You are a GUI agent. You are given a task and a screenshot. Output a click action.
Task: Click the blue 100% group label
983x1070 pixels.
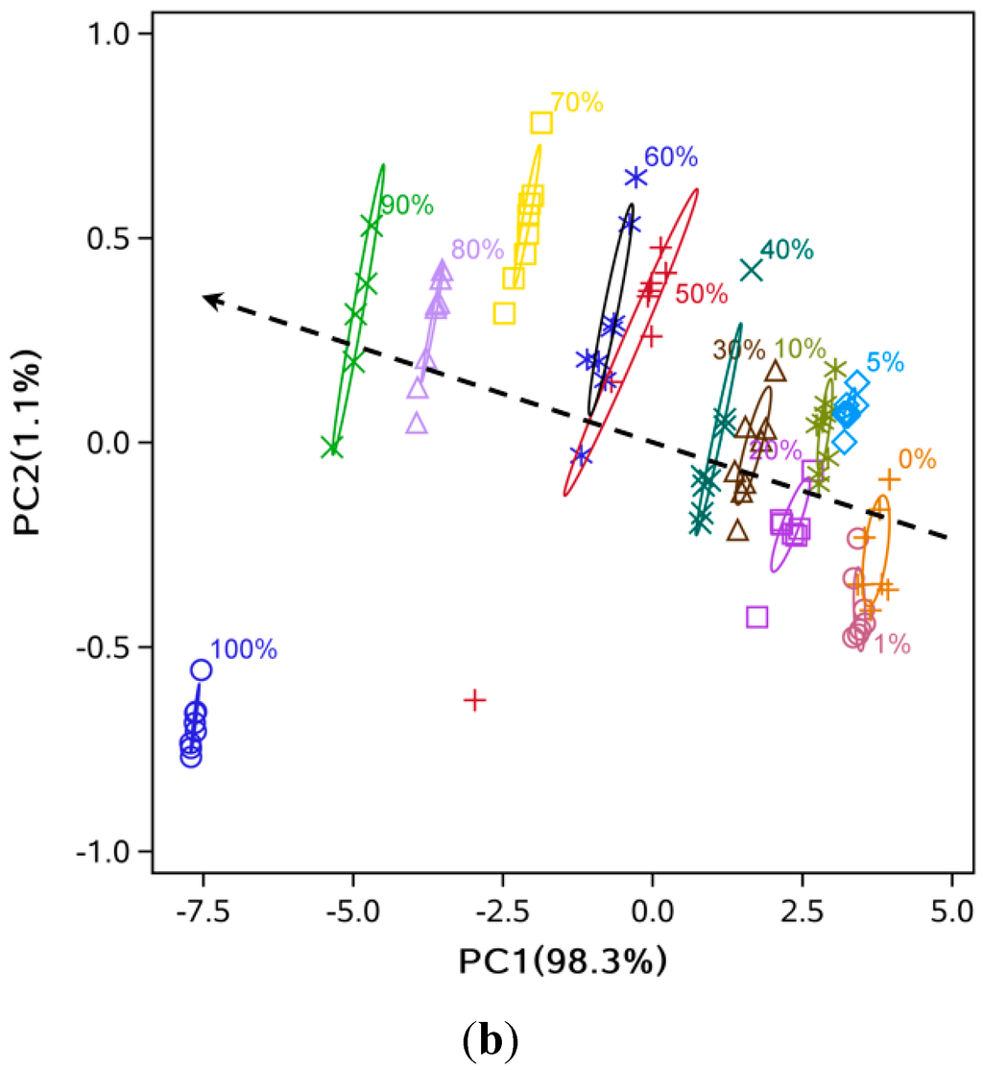coord(243,650)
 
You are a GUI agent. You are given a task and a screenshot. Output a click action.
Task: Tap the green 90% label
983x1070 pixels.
coord(407,206)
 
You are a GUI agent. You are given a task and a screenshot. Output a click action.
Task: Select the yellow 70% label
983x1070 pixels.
coord(577,103)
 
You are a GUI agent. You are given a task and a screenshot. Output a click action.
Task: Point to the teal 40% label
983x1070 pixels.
coord(786,250)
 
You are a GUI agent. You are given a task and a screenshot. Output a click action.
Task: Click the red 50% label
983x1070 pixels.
coord(701,294)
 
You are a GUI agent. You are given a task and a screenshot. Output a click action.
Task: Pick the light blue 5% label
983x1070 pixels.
coord(884,363)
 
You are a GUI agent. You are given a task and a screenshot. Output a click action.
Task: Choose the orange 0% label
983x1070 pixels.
coord(917,459)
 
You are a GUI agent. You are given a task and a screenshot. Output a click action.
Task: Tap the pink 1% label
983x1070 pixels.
coord(891,644)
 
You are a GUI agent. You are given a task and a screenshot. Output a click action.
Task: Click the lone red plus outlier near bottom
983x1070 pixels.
coord(474,700)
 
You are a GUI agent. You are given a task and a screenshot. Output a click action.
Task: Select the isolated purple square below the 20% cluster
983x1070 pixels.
coord(757,617)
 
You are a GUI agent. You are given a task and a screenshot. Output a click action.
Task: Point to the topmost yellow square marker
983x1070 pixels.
coord(541,123)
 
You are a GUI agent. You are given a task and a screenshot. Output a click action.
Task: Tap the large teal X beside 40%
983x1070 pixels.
coord(751,271)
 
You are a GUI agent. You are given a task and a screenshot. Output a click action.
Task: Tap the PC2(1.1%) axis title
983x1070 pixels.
coord(35,443)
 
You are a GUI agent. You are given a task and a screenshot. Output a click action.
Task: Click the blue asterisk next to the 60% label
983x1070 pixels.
coord(635,178)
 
